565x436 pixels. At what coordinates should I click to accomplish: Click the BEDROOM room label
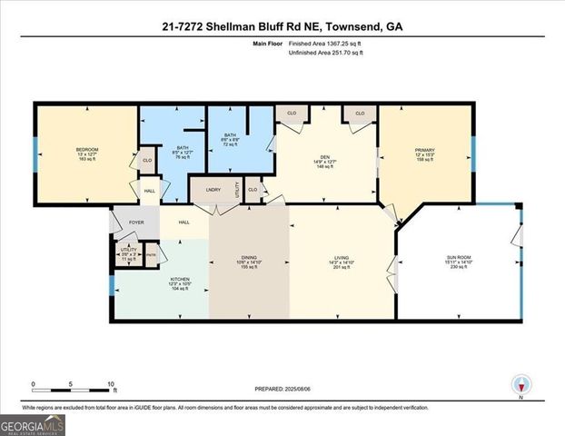[87, 149]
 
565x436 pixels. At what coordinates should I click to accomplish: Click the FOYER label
[135, 221]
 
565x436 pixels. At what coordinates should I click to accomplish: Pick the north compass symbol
[521, 386]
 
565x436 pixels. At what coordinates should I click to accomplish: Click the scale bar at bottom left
[73, 389]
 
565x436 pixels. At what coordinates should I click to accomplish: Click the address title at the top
[282, 26]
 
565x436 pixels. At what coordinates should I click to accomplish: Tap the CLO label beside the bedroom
[146, 161]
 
